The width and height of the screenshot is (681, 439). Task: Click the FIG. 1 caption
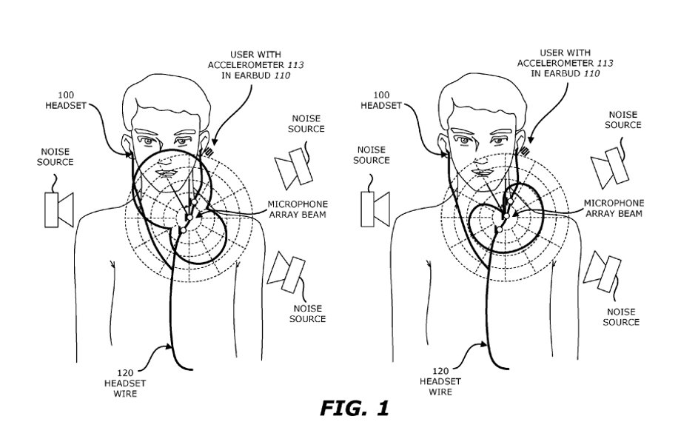pos(355,409)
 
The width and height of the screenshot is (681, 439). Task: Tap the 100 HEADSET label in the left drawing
pos(66,100)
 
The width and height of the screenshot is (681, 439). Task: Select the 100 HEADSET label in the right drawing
pos(381,100)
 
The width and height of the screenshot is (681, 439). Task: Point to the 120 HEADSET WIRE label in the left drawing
pos(125,383)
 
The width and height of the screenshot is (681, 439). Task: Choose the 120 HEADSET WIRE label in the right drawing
pos(440,381)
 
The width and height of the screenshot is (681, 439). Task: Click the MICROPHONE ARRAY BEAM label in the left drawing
pos(298,209)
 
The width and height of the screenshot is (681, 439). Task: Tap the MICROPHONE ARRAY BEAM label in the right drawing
pos(614,208)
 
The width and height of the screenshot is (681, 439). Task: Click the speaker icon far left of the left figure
pos(59,210)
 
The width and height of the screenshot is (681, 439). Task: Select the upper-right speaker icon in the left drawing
pos(294,169)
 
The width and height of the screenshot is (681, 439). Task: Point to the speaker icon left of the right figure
pos(375,209)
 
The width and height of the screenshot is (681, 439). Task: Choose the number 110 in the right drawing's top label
pos(591,73)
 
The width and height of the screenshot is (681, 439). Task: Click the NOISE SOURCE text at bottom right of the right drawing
pos(621,317)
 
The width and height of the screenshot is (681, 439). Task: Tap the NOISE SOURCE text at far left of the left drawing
pos(56,157)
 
